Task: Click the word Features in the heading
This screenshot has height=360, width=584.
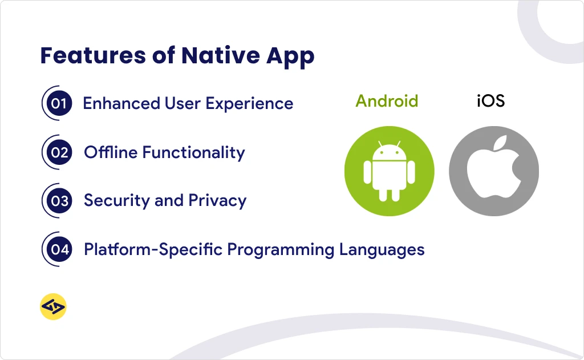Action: (x=93, y=55)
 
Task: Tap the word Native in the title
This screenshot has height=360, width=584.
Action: (x=221, y=55)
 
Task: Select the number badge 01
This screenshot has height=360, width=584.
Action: (x=59, y=103)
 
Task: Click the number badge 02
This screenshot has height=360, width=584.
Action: (x=59, y=152)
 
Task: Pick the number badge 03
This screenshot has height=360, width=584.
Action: (x=59, y=201)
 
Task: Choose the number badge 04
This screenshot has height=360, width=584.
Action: (x=59, y=249)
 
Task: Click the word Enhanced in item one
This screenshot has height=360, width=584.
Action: (x=121, y=103)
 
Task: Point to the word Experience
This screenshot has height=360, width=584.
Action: (x=249, y=104)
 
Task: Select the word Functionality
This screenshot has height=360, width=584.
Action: (x=193, y=153)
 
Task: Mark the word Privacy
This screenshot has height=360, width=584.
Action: (x=217, y=201)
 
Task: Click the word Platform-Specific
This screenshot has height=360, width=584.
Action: (x=153, y=250)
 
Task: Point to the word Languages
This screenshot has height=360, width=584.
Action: (x=382, y=250)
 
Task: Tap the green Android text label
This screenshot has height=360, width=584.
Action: (x=387, y=101)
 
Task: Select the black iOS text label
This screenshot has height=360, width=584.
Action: (x=490, y=101)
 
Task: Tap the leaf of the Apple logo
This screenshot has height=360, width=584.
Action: (x=501, y=143)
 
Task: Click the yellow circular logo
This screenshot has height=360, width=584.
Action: (x=53, y=307)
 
